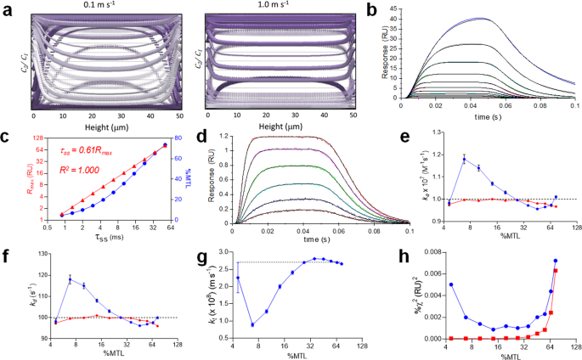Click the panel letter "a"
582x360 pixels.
coord(7,8)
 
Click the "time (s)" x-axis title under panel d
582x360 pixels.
coord(318,239)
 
